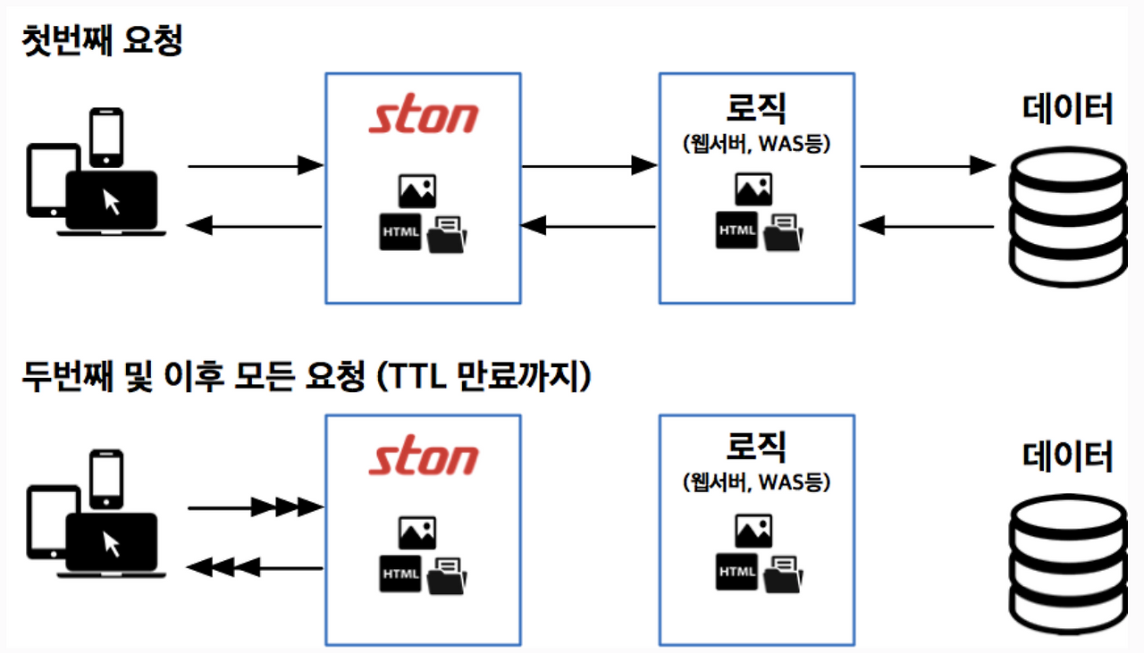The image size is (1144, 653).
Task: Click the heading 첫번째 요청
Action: [x=102, y=41]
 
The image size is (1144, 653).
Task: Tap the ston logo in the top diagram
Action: [x=424, y=117]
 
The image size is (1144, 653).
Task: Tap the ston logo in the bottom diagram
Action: [x=424, y=458]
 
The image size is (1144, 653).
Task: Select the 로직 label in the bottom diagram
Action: [x=756, y=449]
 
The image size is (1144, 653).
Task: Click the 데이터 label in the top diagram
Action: [x=1068, y=111]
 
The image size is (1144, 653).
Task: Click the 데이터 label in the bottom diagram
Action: [x=1068, y=456]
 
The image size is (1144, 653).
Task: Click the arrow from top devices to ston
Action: [x=255, y=165]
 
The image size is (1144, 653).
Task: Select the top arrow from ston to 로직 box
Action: [x=589, y=165]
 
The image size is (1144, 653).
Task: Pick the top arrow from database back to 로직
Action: [x=926, y=227]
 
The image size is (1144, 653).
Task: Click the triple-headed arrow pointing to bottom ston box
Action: [x=255, y=507]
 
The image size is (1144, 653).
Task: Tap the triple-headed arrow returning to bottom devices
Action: [x=255, y=567]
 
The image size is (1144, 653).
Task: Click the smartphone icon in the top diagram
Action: [x=105, y=137]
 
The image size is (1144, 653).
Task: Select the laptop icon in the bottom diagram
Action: [x=112, y=545]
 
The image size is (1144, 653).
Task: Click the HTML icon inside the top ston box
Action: [x=400, y=232]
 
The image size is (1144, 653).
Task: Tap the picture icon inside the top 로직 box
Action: [x=753, y=189]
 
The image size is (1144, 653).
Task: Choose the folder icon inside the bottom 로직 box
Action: [x=783, y=573]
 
